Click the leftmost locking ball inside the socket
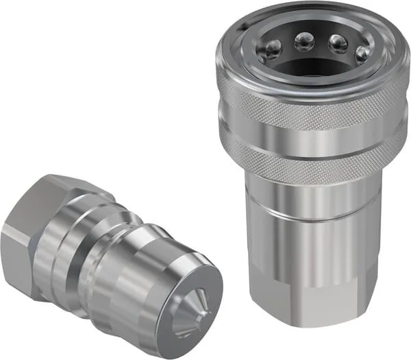(x=273, y=49)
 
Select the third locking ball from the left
(x=338, y=43)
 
